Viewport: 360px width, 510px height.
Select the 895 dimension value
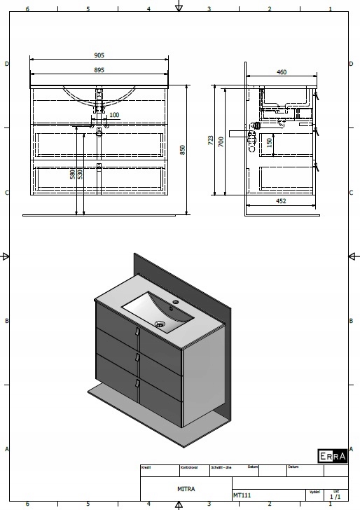(x=99, y=70)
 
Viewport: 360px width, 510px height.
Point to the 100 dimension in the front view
(x=114, y=115)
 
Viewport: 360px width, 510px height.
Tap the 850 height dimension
(x=183, y=150)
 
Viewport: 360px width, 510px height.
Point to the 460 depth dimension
(x=282, y=72)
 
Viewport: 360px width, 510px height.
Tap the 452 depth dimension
(x=280, y=201)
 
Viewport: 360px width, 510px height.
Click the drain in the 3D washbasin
(x=160, y=324)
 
